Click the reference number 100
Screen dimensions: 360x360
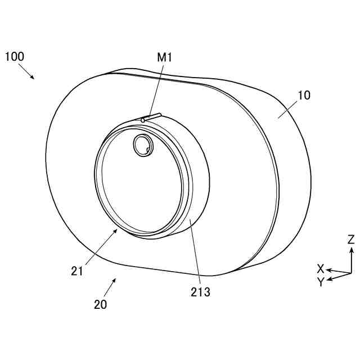coord(15,56)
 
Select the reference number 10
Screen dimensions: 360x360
coord(304,95)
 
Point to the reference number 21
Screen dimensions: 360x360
coord(77,271)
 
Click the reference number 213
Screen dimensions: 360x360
coord(200,292)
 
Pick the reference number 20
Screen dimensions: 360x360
coord(101,305)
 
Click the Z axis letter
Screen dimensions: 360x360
coord(351,238)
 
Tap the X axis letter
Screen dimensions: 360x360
coord(321,268)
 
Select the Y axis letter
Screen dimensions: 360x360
coord(320,282)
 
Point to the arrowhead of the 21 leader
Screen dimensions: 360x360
coord(116,231)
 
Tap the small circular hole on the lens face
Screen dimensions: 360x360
coord(141,146)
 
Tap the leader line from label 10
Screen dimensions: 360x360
coord(288,109)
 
